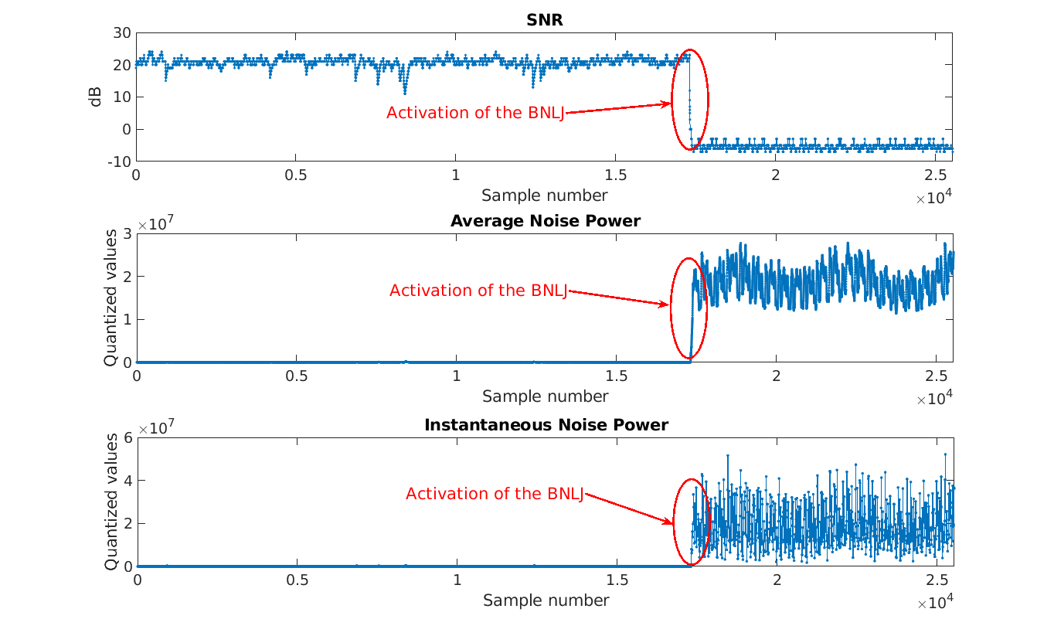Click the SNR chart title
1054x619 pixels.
click(x=544, y=20)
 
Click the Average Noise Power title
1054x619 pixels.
click(x=545, y=221)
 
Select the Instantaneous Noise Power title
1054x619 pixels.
click(x=546, y=424)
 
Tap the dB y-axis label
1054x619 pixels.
click(x=96, y=97)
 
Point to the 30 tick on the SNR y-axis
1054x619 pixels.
click(x=121, y=32)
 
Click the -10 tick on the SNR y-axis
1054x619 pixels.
click(x=118, y=162)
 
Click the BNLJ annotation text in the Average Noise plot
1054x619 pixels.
click(x=478, y=291)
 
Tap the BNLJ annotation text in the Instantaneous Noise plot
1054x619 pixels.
click(x=495, y=494)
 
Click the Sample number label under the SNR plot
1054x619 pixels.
click(x=544, y=195)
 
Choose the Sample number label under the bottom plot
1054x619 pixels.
click(x=546, y=600)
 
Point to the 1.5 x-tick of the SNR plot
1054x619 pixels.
click(x=615, y=175)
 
